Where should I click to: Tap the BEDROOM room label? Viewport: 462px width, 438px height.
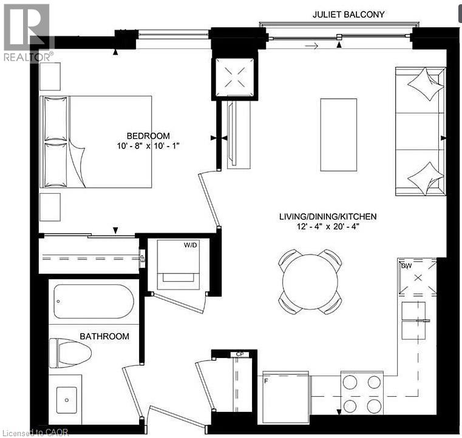[x=148, y=136]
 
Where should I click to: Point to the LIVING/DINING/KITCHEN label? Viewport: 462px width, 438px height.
[x=328, y=216]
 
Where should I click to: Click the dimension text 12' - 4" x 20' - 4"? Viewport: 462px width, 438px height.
[x=328, y=227]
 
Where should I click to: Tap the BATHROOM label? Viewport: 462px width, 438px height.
[x=105, y=336]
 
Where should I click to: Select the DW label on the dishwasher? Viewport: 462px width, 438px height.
[x=406, y=265]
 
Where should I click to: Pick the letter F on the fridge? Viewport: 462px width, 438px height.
[x=266, y=380]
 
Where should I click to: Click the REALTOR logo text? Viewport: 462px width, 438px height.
[x=28, y=58]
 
